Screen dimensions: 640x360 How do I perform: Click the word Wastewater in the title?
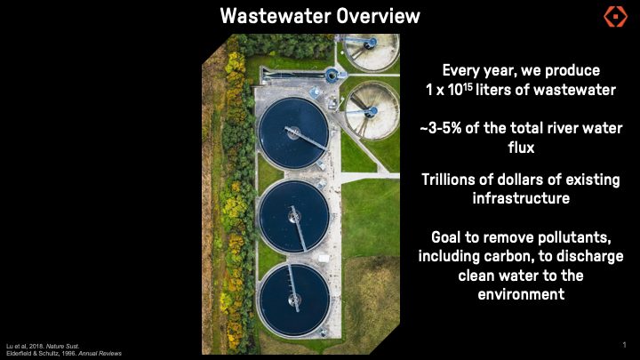pyautogui.click(x=275, y=16)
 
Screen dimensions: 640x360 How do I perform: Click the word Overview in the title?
pyautogui.click(x=379, y=16)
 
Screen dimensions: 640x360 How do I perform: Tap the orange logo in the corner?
pyautogui.click(x=615, y=16)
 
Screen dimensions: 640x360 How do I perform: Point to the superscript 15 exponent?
pyautogui.click(x=468, y=86)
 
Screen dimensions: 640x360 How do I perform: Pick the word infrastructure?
pyautogui.click(x=521, y=198)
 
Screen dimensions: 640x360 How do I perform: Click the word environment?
pyautogui.click(x=521, y=294)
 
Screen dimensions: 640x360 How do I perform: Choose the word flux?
pyautogui.click(x=521, y=148)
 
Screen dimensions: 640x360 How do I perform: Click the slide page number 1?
pyautogui.click(x=624, y=345)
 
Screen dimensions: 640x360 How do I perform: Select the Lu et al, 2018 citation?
pyautogui.click(x=43, y=346)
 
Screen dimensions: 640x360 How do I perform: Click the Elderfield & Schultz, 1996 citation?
pyautogui.click(x=64, y=354)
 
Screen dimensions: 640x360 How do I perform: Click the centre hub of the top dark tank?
pyautogui.click(x=293, y=133)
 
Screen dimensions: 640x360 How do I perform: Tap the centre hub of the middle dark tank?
pyautogui.click(x=294, y=216)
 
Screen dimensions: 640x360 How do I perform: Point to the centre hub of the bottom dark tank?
pyautogui.click(x=294, y=300)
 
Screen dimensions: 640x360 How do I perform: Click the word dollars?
pyautogui.click(x=517, y=180)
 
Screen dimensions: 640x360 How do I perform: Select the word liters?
pyautogui.click(x=492, y=90)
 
